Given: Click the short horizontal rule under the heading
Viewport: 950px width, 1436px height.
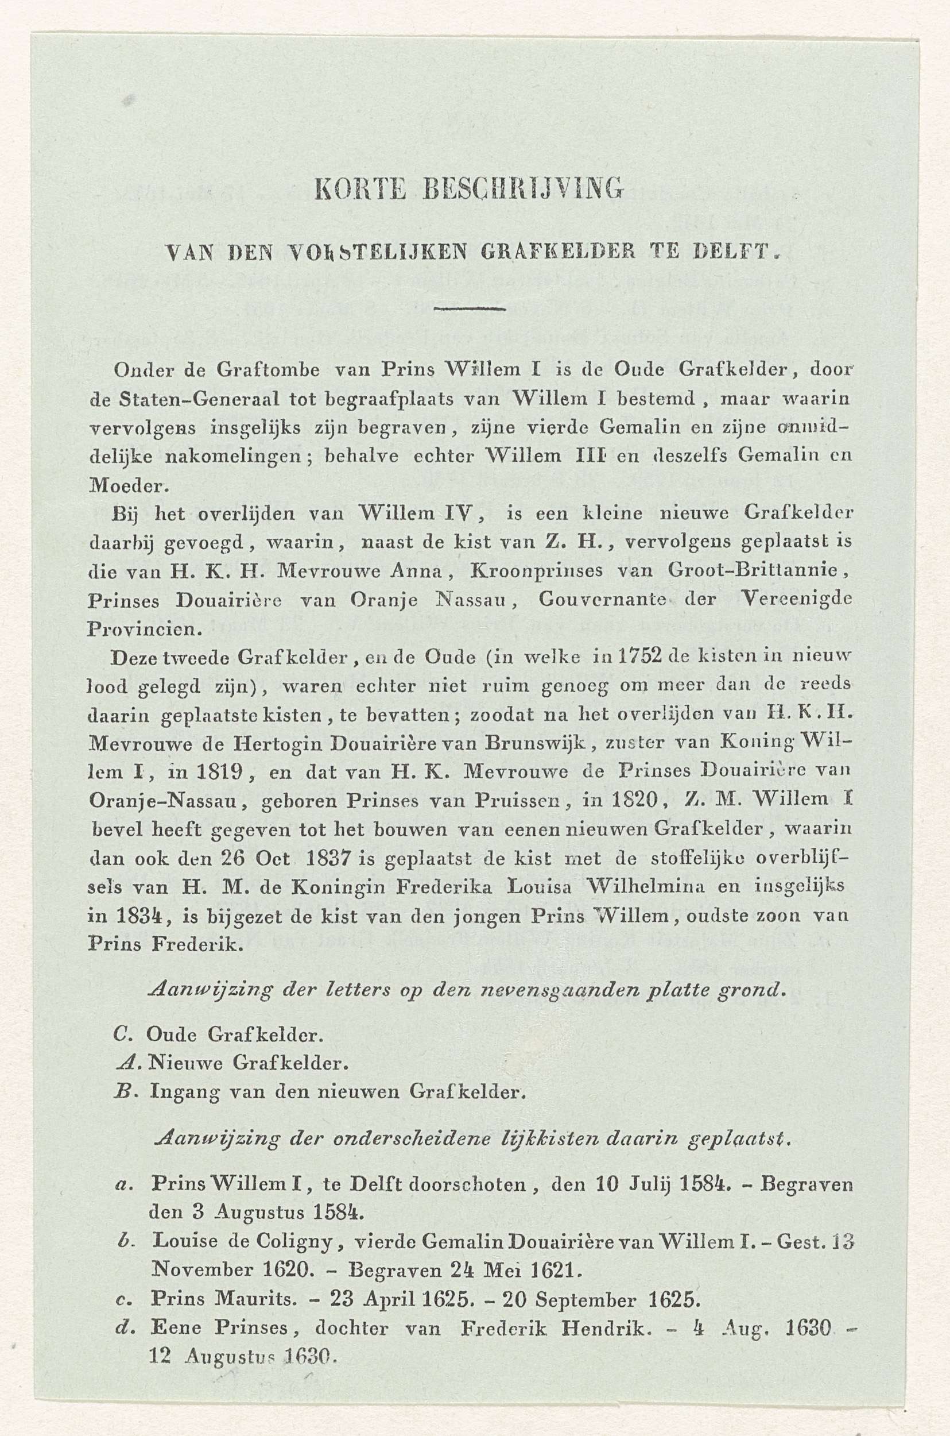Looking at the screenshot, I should pos(470,310).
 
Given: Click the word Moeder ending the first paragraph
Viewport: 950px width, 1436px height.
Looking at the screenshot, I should pos(125,485).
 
